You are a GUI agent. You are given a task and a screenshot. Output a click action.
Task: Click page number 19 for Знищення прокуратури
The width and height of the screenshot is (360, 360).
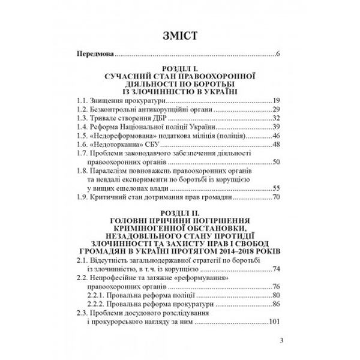pos(277,100)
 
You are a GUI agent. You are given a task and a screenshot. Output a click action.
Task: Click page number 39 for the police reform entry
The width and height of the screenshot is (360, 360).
pos(277,128)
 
